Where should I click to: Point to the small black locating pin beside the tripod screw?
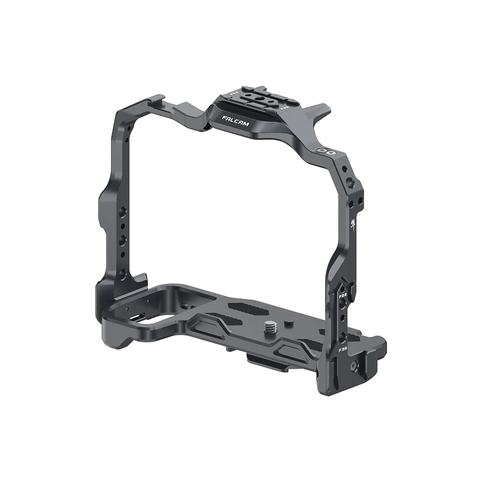pyautogui.click(x=288, y=322)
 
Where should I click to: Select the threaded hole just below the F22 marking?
pyautogui.click(x=343, y=303)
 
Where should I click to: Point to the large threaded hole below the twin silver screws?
pyautogui.click(x=348, y=184)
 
